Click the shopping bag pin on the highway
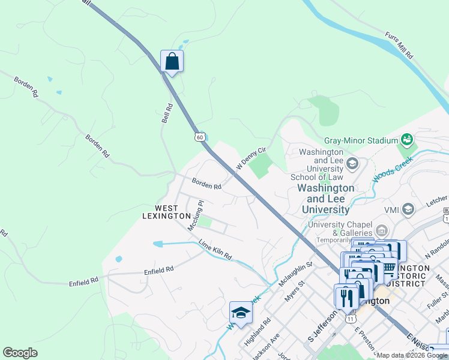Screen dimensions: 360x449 (172, 62)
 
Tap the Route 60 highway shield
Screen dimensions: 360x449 (199, 137)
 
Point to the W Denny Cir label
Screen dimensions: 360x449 (250, 158)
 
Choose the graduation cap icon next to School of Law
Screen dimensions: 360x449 (352, 163)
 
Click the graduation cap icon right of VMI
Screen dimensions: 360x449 (408, 209)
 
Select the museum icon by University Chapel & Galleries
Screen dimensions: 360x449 (381, 229)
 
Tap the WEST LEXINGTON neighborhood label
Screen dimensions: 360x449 (167, 212)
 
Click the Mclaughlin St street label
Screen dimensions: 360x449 (296, 272)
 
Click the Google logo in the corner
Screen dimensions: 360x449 (20, 353)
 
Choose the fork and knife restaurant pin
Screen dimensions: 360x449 (346, 297)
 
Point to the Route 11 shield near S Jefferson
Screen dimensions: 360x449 (350, 319)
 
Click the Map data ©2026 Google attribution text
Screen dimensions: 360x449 (412, 355)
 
